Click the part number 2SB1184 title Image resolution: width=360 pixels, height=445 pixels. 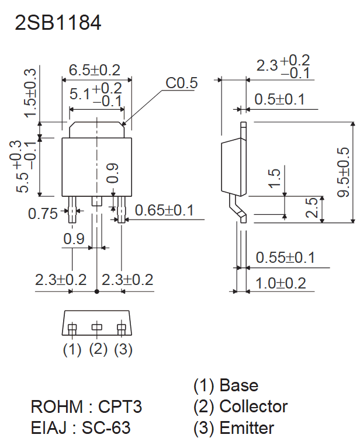click(x=58, y=23)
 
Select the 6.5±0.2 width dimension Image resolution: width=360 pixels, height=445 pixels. click(x=94, y=70)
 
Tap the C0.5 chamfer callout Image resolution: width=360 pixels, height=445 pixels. click(x=182, y=84)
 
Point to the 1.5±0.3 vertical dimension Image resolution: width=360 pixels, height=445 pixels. click(x=30, y=92)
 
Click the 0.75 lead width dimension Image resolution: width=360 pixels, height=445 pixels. click(x=43, y=214)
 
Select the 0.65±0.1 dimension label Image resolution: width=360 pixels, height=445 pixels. click(x=164, y=210)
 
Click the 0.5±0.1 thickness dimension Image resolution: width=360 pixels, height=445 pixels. click(x=279, y=100)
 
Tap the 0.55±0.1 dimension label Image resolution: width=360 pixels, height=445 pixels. click(x=285, y=258)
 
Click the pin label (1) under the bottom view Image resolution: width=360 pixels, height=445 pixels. click(x=72, y=349)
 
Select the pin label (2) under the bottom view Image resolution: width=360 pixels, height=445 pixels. click(x=98, y=349)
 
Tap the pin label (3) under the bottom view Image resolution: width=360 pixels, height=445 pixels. click(x=123, y=349)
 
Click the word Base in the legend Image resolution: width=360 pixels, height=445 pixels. click(x=238, y=385)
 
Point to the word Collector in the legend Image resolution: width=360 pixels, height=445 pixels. click(x=253, y=406)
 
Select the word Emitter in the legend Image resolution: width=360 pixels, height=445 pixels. click(x=247, y=428)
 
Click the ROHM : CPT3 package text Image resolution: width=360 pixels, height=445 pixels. click(x=86, y=406)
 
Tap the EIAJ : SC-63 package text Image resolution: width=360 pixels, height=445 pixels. click(x=81, y=428)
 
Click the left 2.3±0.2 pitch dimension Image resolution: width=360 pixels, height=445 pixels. click(x=61, y=280)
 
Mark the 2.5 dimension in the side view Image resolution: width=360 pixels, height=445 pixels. click(x=311, y=208)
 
